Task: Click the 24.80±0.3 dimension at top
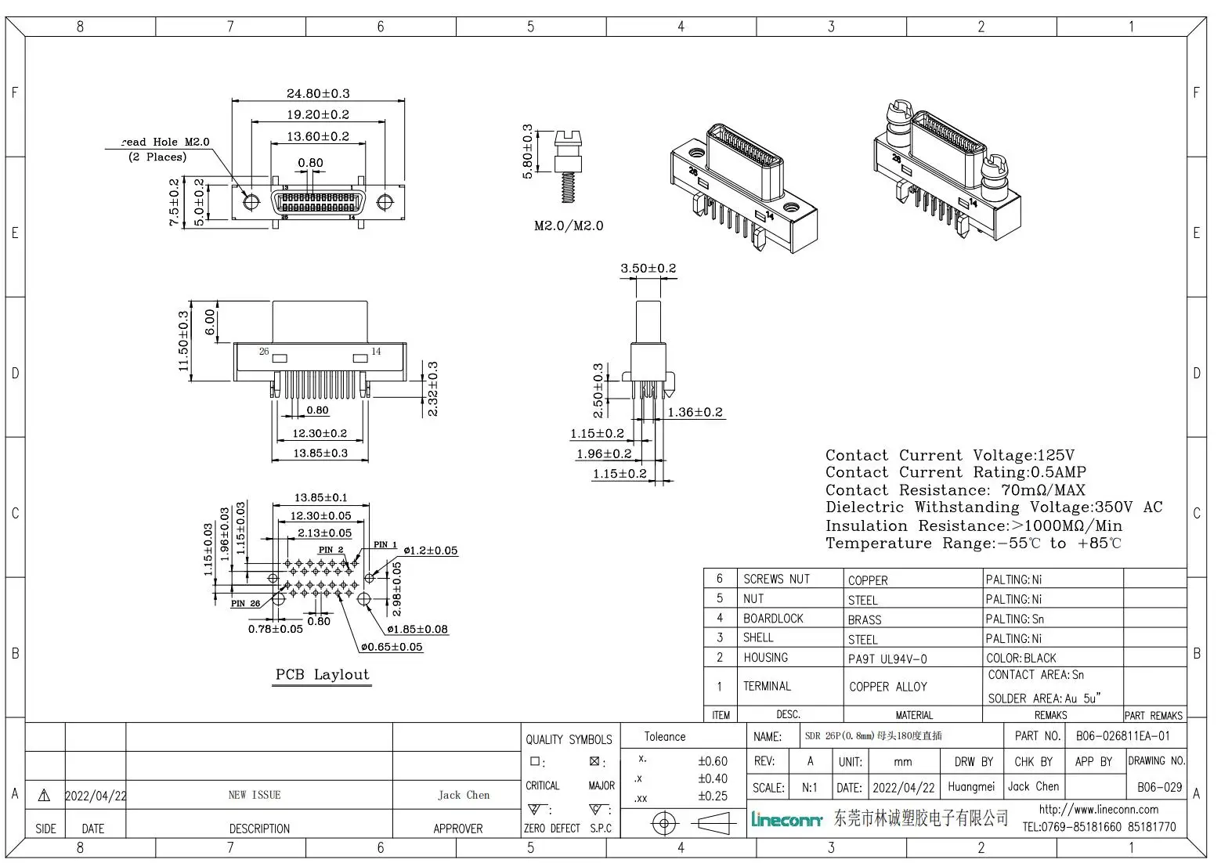click(x=318, y=93)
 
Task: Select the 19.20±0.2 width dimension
click(x=318, y=114)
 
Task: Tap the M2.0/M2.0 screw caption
click(x=569, y=226)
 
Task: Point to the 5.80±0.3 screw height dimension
click(x=528, y=151)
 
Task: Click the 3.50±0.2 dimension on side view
click(x=648, y=268)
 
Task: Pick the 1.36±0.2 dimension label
click(x=695, y=412)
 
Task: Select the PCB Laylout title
click(x=322, y=675)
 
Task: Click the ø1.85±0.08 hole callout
click(x=417, y=629)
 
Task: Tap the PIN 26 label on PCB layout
click(x=245, y=604)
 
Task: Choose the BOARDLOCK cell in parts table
click(x=773, y=619)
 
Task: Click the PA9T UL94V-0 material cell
click(x=887, y=659)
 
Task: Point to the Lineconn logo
click(x=786, y=820)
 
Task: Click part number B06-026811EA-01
click(x=1122, y=736)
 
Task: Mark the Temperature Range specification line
click(x=973, y=543)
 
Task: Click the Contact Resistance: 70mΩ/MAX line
click(x=955, y=490)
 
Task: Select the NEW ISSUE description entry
click(x=255, y=795)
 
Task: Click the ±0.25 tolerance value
click(x=712, y=796)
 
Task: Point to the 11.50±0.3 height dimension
click(x=183, y=341)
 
